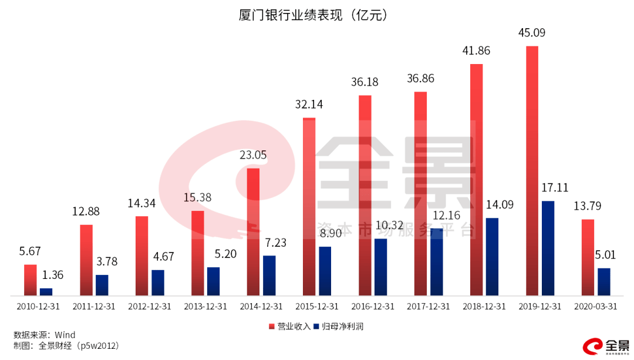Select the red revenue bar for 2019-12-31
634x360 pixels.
[x=532, y=170]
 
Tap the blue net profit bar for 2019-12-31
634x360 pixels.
[x=548, y=248]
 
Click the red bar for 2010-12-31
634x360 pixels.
[x=30, y=280]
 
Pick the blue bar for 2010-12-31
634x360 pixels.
[x=46, y=291]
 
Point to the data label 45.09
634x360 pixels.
[x=531, y=33]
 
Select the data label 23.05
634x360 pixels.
[x=253, y=156]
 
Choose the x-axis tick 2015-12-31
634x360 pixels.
[x=316, y=307]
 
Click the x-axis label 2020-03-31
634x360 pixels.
[x=595, y=307]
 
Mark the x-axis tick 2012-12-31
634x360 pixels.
[x=149, y=307]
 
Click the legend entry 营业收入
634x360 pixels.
[x=289, y=326]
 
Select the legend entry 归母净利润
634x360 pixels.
[x=342, y=326]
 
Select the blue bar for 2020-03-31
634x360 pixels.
[x=603, y=281]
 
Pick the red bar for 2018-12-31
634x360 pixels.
[x=476, y=179]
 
